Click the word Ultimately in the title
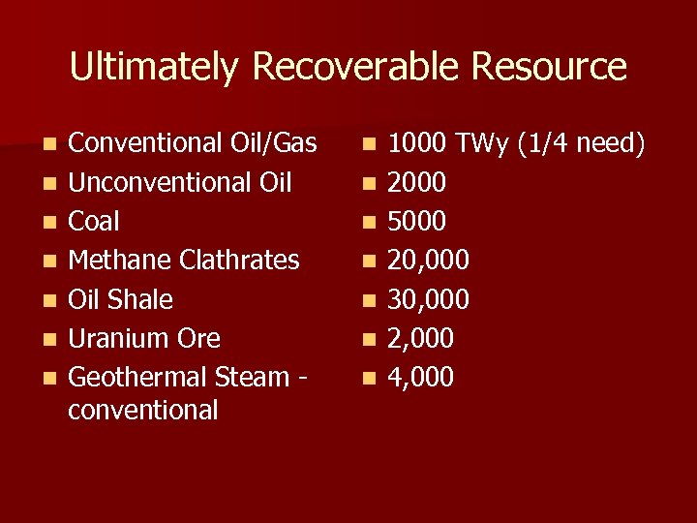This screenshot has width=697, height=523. point(153,68)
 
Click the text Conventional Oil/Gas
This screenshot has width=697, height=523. point(193,144)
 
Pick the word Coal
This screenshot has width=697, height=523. point(94,222)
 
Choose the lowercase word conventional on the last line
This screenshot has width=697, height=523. point(143,410)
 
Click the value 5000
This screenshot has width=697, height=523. point(417,222)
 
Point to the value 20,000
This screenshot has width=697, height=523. point(429,261)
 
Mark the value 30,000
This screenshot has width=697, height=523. point(429,299)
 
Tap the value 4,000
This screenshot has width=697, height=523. point(421,377)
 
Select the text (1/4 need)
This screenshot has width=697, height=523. point(582,144)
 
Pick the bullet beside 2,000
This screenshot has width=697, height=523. point(368,339)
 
